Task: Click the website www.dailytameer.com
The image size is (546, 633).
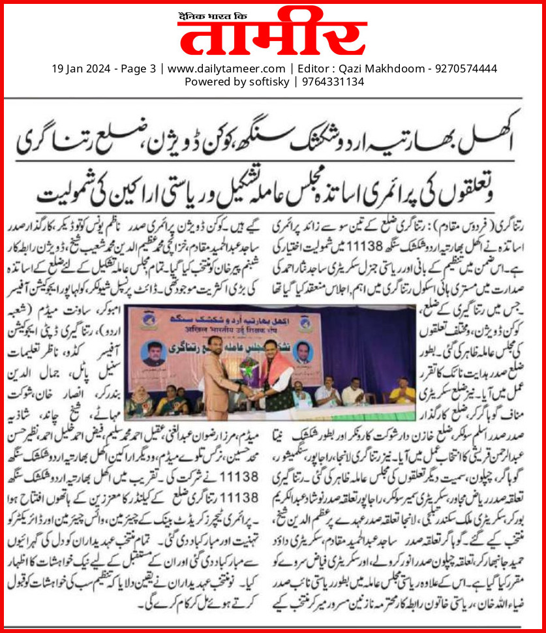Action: coord(226,69)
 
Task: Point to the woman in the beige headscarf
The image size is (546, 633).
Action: coord(140,399)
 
